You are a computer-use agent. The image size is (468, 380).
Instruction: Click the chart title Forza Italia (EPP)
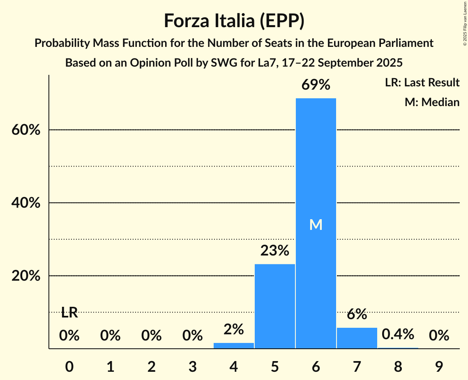click(234, 21)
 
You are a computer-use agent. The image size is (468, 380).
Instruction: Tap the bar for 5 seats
click(274, 306)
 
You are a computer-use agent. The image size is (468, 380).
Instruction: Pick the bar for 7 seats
click(357, 338)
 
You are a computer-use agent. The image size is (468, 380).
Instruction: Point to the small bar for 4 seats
click(233, 345)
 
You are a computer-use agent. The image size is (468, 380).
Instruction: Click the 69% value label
click(316, 85)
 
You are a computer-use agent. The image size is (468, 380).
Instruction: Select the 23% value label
click(274, 250)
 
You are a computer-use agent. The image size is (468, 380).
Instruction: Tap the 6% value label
click(357, 315)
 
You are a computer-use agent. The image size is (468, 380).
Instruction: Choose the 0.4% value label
click(398, 335)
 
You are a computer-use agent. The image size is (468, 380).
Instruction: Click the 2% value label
click(233, 329)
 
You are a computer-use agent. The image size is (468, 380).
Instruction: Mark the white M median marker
click(316, 225)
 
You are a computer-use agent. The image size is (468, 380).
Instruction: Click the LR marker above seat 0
click(69, 313)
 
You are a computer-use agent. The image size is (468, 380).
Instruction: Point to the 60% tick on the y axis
click(26, 130)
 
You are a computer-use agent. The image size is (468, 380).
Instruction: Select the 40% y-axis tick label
click(26, 203)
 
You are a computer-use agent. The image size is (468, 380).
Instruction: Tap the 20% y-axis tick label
click(26, 276)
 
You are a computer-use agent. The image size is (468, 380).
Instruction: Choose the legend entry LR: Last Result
click(422, 83)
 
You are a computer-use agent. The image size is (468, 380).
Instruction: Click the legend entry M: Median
click(432, 102)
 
